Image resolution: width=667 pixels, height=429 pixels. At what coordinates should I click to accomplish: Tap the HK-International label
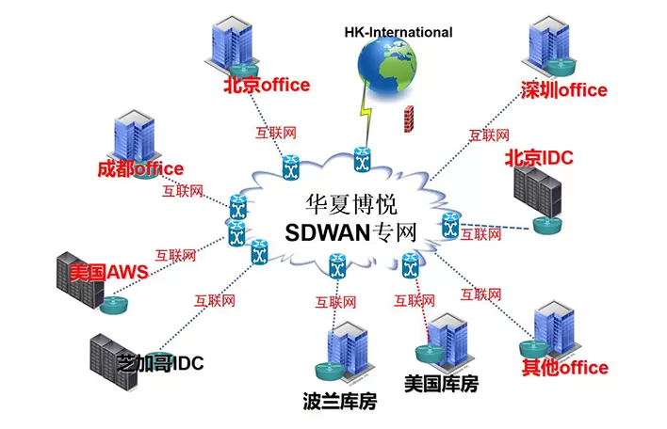[x=398, y=32]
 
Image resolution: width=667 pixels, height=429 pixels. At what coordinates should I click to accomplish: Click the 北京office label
[x=266, y=86]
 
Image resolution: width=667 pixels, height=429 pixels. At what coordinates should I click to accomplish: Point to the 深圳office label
[x=563, y=90]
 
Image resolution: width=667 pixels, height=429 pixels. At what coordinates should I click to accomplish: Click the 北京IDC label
[x=540, y=156]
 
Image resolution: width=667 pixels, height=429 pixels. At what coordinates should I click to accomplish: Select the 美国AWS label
[x=108, y=272]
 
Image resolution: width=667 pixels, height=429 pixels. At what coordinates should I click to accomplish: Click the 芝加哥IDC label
[x=159, y=362]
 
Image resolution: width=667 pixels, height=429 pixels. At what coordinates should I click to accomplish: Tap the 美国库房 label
[x=441, y=384]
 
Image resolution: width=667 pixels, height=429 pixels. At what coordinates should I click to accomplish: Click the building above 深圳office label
[x=548, y=43]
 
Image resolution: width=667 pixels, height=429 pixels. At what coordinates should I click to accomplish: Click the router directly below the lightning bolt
[x=361, y=161]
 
